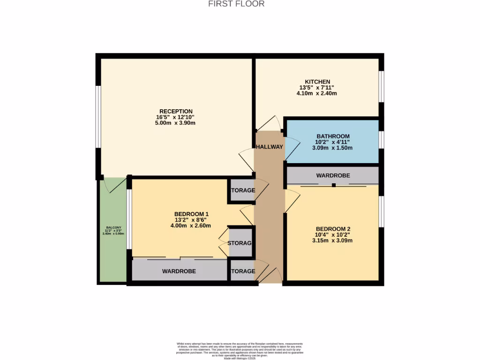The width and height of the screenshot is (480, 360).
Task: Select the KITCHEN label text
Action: [x=317, y=82]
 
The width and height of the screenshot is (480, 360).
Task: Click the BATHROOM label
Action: [x=333, y=136]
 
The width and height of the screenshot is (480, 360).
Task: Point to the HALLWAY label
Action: [x=270, y=147]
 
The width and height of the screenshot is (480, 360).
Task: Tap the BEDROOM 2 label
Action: [x=333, y=229]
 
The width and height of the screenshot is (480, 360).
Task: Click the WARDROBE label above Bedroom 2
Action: [x=333, y=176]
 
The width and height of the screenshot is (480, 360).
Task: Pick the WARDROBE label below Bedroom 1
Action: [x=179, y=271]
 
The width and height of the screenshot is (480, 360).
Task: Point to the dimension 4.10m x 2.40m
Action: [x=317, y=93]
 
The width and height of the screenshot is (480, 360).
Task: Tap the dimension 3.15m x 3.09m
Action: [x=333, y=240]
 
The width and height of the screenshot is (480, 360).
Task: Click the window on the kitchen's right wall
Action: [x=382, y=87]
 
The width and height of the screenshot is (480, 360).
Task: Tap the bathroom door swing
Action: [x=292, y=148]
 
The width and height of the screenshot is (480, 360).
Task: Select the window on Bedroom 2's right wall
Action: [x=382, y=211]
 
